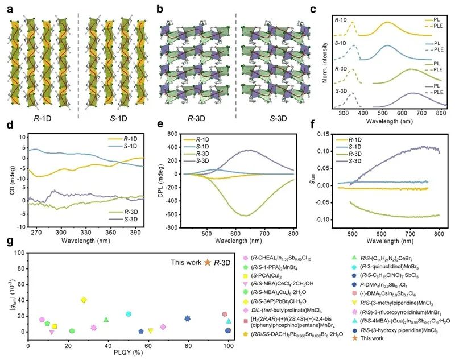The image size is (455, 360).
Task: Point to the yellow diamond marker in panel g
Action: (x=84, y=300)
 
